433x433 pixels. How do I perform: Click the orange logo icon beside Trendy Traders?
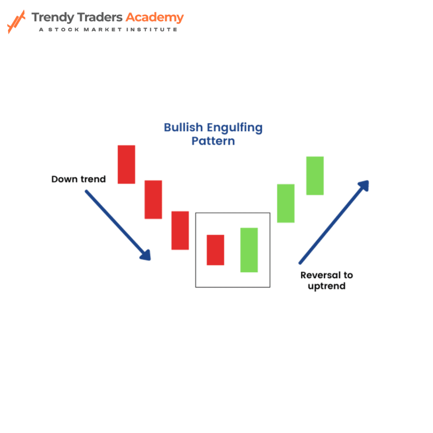click(x=16, y=22)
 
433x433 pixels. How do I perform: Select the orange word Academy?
click(x=155, y=18)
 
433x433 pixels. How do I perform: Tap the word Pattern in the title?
click(x=213, y=141)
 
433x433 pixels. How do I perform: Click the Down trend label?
click(x=79, y=179)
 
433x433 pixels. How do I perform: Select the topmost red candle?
click(x=126, y=164)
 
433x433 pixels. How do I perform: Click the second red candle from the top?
click(x=153, y=200)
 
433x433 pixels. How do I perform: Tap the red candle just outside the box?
click(x=180, y=230)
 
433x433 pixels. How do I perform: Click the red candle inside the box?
click(x=215, y=250)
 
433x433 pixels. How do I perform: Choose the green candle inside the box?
click(x=249, y=250)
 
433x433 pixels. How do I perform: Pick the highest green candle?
click(x=315, y=176)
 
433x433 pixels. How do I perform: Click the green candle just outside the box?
click(x=286, y=203)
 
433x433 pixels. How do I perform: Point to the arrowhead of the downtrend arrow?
click(x=146, y=255)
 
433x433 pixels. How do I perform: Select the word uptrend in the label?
click(x=326, y=286)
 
